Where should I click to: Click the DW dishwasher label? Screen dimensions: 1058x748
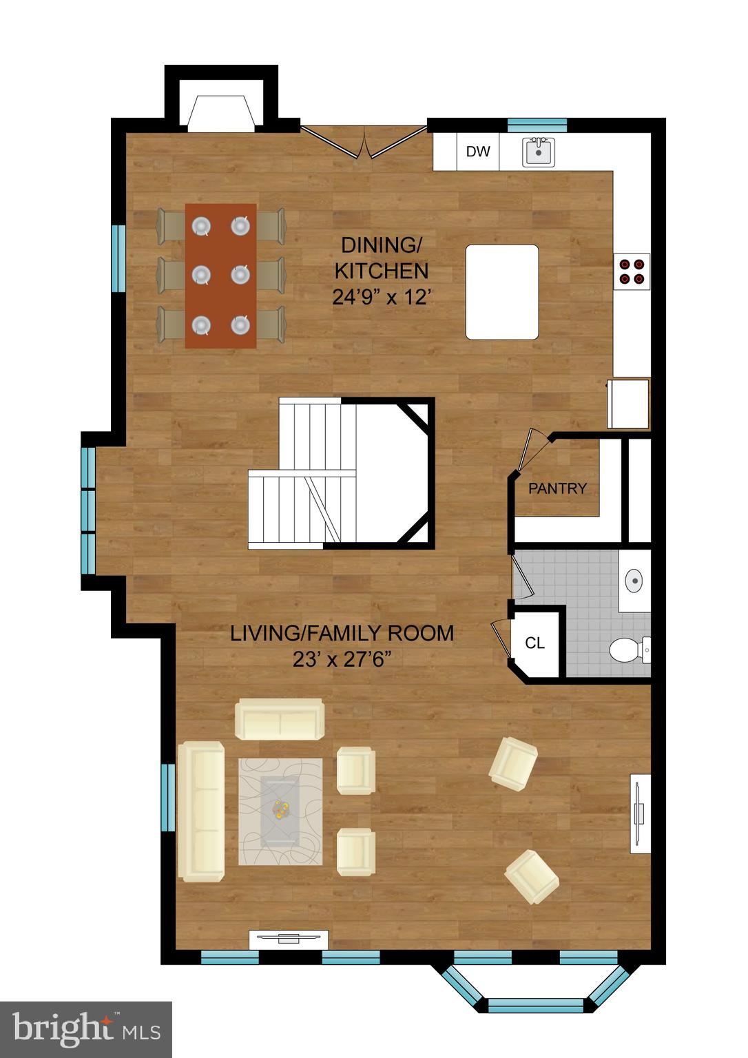[477, 152]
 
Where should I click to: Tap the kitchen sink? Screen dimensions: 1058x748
[539, 152]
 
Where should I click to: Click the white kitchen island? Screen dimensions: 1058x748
[502, 292]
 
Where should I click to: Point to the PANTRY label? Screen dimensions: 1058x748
[557, 488]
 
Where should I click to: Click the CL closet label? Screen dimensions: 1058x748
[535, 643]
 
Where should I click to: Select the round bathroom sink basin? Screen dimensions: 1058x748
[634, 580]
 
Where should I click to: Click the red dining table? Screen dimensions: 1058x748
[220, 276]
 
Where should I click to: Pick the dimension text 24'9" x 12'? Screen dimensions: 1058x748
[382, 298]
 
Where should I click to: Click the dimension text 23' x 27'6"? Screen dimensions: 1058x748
[342, 659]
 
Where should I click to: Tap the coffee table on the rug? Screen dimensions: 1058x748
[280, 810]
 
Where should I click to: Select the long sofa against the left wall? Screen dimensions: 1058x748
[201, 811]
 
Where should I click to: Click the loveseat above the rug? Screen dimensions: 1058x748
[280, 719]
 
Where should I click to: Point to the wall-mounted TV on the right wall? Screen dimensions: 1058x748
[641, 813]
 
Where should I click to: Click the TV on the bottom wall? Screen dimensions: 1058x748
[289, 937]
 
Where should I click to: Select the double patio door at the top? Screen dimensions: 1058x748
[365, 141]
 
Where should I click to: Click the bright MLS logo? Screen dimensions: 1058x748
[85, 1029]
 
